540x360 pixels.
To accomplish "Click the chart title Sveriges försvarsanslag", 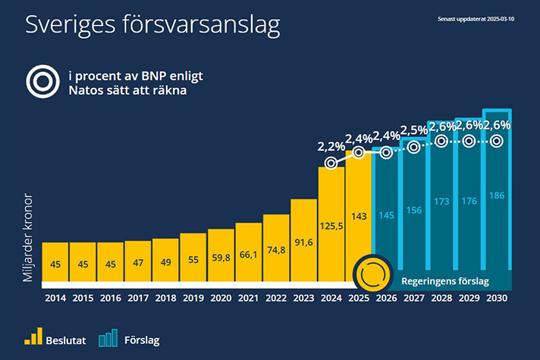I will click(152, 24).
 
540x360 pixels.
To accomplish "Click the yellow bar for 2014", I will click(55, 265).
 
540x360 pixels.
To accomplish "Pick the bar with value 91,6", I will click(303, 243).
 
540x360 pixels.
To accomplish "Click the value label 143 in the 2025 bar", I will click(359, 216).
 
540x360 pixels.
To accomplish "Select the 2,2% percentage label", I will click(331, 146).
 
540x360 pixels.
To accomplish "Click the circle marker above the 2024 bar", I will click(331, 162).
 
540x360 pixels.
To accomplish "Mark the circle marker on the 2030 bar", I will click(496, 141).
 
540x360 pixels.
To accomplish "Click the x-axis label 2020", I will click(221, 299).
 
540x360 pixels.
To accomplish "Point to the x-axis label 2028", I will click(441, 299).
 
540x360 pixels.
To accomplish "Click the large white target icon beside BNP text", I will click(41, 83).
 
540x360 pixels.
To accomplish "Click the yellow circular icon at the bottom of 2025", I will click(373, 274).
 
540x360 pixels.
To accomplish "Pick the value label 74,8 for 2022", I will click(276, 252).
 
